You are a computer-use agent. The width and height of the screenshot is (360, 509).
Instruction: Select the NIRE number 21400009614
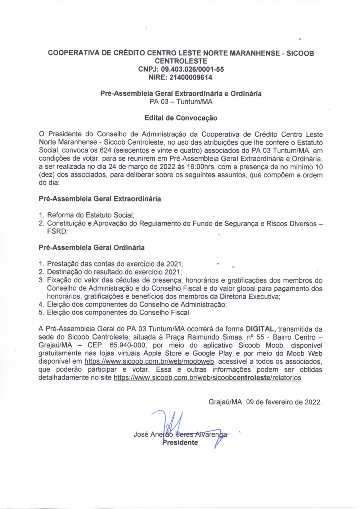[x=191, y=77]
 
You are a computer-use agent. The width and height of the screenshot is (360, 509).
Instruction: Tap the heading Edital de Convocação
[x=181, y=118]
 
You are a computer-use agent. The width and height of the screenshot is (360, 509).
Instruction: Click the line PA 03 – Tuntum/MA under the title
[x=181, y=102]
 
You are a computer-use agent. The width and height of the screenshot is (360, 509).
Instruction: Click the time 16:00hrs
[x=201, y=167]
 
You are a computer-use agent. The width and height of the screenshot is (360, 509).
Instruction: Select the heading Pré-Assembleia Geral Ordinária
[x=91, y=248]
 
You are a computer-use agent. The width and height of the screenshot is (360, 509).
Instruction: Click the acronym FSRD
[x=57, y=232]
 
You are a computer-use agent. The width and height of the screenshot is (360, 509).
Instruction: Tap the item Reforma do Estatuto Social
[x=90, y=215]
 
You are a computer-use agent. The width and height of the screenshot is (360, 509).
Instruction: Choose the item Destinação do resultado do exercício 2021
[x=114, y=272]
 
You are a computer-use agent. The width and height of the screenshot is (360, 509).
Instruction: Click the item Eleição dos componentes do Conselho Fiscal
[x=118, y=313]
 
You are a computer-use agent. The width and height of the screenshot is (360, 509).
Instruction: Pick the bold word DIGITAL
[x=261, y=329]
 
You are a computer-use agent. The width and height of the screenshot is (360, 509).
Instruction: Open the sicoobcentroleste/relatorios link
[x=207, y=378]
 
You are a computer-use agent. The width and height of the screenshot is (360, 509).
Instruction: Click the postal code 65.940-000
[x=127, y=345]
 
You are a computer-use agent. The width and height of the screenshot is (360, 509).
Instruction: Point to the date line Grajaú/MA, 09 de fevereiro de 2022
[x=265, y=402]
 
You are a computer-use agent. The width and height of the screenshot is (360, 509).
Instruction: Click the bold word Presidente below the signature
[x=180, y=443]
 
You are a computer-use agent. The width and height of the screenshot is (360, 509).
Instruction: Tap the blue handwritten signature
[x=173, y=424]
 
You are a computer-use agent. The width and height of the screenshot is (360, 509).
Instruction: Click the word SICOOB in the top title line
[x=300, y=53]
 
